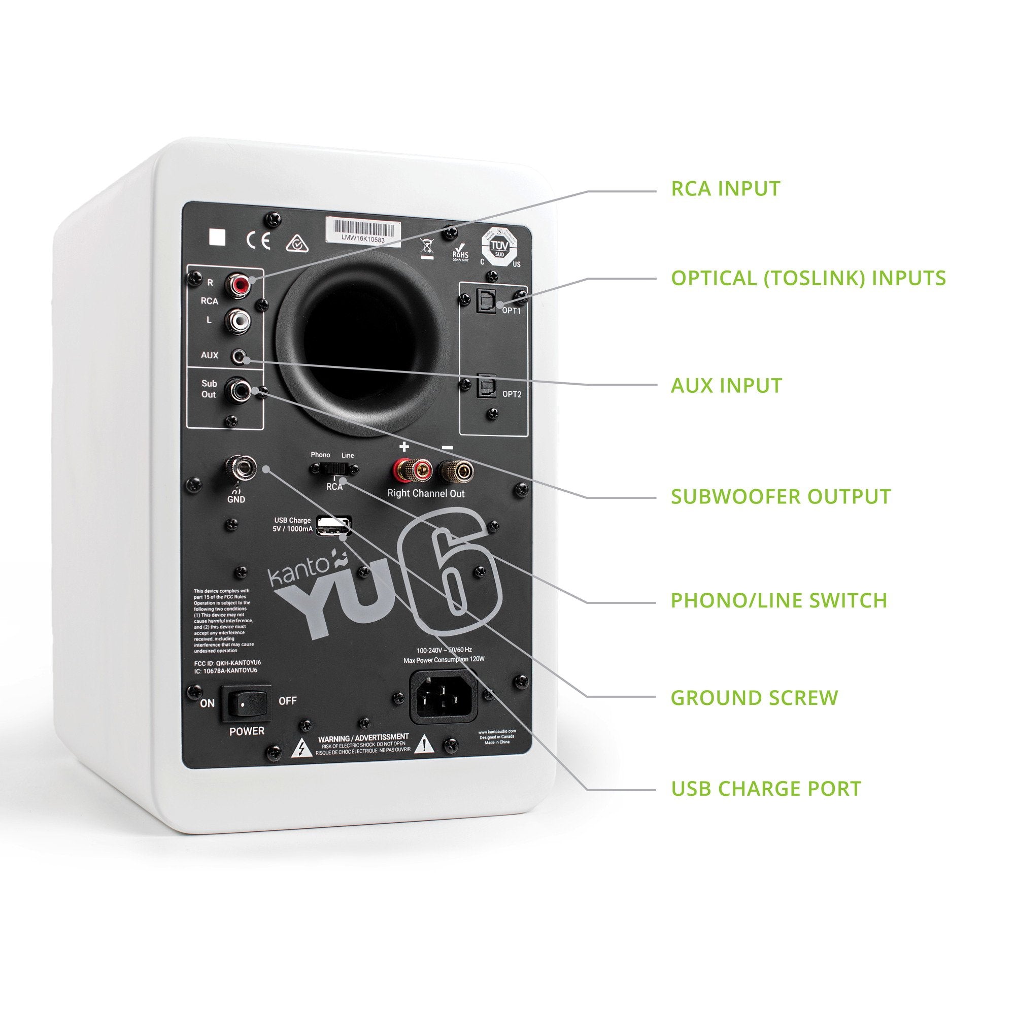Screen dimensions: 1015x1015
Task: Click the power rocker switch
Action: tap(246, 701)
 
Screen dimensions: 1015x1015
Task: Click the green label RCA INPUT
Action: tap(726, 189)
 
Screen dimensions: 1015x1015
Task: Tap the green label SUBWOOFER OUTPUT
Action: tap(781, 496)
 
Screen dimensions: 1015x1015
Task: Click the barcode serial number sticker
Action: tap(364, 230)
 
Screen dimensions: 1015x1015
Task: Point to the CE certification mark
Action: tap(258, 240)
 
